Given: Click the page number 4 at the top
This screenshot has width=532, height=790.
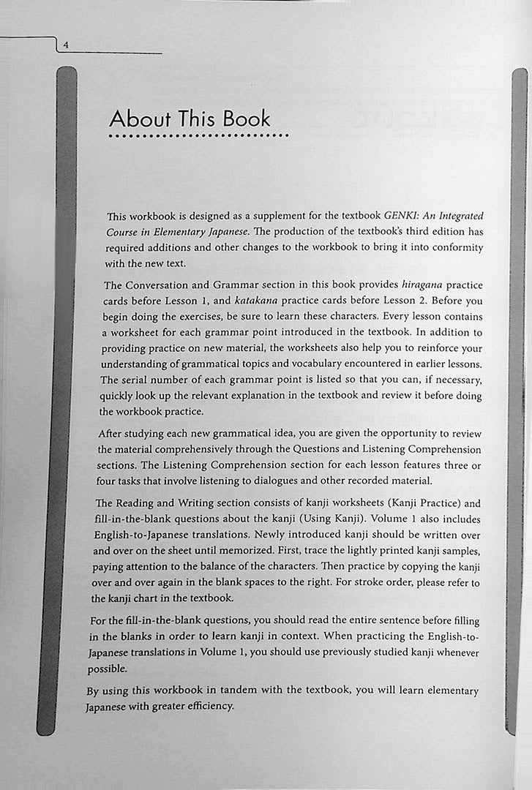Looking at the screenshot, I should click(x=66, y=45).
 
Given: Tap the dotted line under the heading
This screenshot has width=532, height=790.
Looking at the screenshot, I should click(x=198, y=135).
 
